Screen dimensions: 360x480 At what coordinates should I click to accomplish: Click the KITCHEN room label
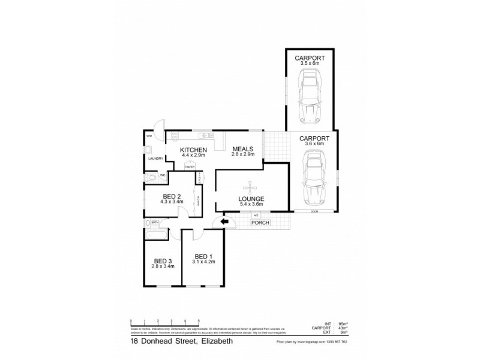pos(194,149)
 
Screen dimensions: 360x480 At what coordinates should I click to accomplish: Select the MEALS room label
pos(243,149)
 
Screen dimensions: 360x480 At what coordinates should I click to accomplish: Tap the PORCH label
pos(261,223)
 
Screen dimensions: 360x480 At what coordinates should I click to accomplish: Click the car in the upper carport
pos(310,95)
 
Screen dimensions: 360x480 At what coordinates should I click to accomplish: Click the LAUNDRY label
pos(155,159)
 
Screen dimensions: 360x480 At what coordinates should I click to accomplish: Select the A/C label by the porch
pos(256,215)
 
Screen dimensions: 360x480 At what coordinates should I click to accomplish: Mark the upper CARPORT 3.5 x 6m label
pos(310,60)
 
